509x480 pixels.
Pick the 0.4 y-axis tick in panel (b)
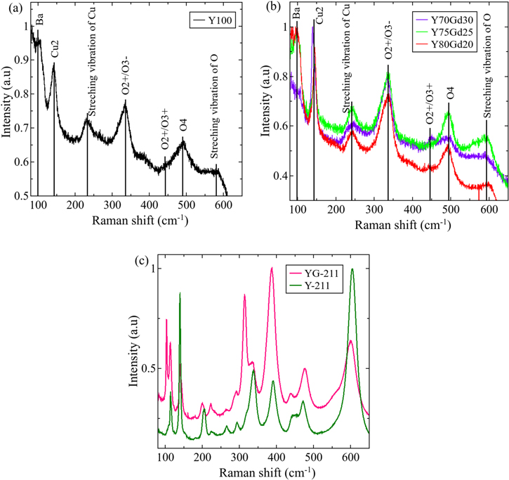point(279,175)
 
